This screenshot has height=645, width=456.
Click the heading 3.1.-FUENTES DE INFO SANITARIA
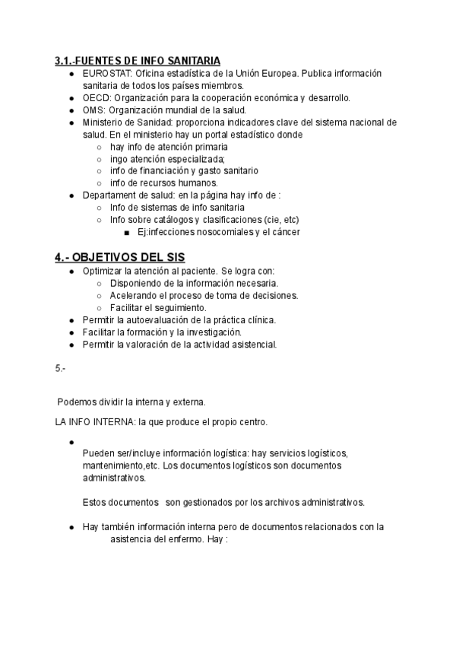click(138, 60)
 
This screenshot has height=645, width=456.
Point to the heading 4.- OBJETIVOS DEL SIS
click(120, 256)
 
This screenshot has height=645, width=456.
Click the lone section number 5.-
click(61, 368)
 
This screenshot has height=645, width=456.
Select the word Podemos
click(77, 401)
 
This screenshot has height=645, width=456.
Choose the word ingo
click(119, 158)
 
